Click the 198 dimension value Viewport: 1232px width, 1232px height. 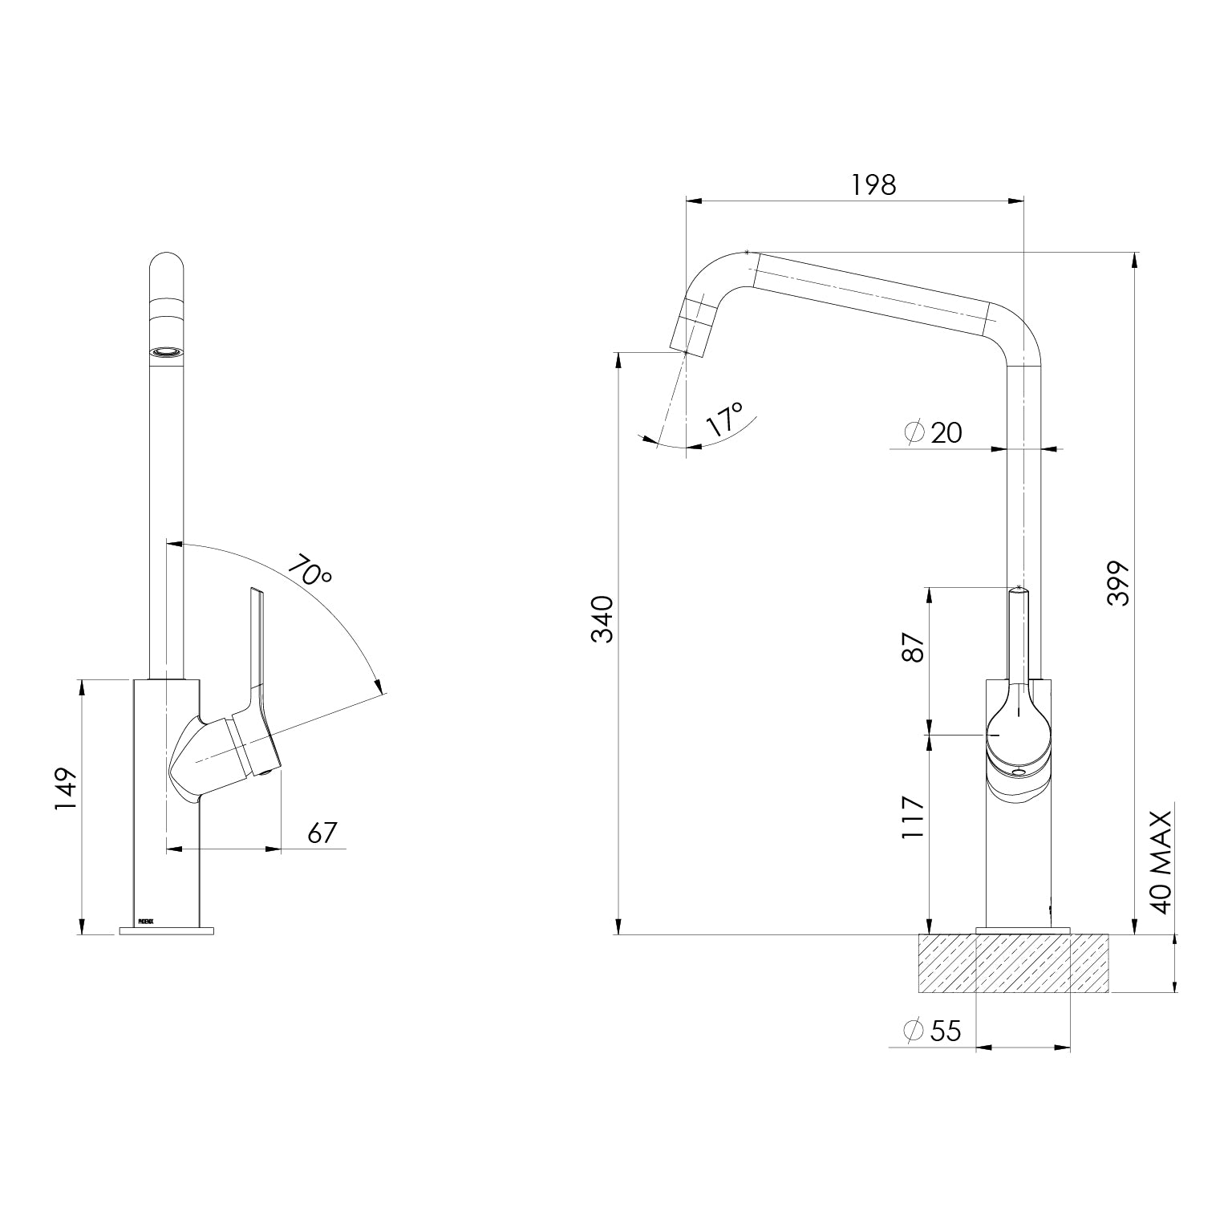[873, 184]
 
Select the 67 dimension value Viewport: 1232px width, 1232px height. [322, 833]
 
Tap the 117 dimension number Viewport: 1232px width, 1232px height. [912, 817]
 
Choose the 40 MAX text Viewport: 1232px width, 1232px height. [1161, 861]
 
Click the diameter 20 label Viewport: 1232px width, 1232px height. [933, 432]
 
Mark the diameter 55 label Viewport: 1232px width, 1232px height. [932, 1031]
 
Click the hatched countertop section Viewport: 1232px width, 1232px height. [1014, 963]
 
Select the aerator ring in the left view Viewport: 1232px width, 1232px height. [167, 351]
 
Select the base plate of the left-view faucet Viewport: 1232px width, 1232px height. [167, 930]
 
